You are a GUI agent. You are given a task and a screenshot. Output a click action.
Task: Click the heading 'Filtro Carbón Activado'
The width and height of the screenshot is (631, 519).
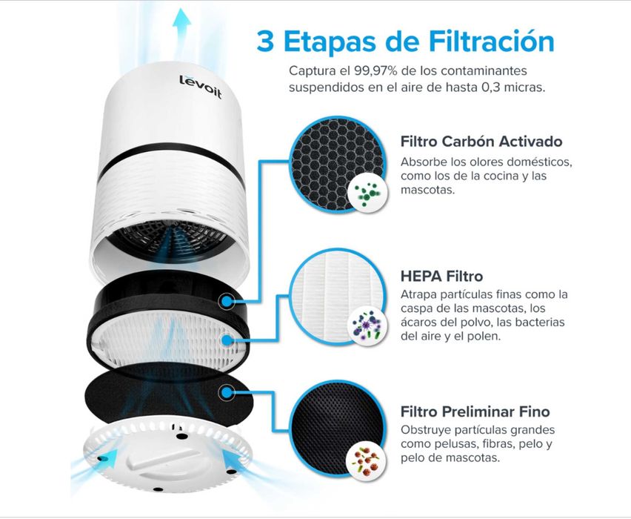click(481, 142)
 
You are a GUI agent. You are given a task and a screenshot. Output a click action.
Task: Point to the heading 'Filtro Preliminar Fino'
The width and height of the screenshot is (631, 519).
click(475, 411)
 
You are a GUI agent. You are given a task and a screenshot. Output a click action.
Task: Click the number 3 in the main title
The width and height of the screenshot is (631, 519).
click(264, 41)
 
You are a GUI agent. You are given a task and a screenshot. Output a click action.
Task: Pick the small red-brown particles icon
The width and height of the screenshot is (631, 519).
click(365, 458)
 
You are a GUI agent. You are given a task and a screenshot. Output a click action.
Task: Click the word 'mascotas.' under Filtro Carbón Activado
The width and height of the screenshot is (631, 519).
click(426, 190)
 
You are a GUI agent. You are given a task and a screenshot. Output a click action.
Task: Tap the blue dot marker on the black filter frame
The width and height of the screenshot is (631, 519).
click(226, 301)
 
